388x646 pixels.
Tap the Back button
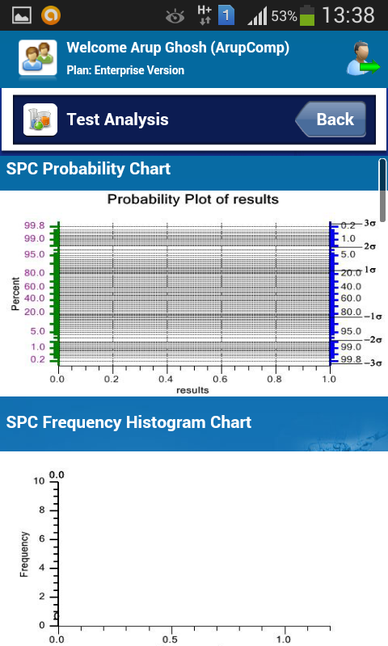[331, 120]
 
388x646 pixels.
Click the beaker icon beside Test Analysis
[40, 120]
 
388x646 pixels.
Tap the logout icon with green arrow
[363, 58]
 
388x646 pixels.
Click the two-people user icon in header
[37, 57]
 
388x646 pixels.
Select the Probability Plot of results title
[193, 199]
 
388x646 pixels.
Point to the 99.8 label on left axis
[34, 225]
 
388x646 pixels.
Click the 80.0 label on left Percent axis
[34, 273]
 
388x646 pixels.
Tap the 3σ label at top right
[369, 224]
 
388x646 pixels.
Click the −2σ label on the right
[373, 339]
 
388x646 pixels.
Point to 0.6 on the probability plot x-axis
[220, 379]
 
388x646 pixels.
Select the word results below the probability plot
[192, 390]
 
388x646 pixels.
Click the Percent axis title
[15, 293]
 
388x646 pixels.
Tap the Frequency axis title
[25, 554]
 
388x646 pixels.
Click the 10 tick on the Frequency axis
[39, 481]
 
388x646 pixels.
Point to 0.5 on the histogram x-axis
[170, 640]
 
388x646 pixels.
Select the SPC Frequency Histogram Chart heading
[129, 422]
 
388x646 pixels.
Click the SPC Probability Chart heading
[88, 169]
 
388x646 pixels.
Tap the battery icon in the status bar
[307, 15]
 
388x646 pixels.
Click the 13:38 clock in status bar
[348, 15]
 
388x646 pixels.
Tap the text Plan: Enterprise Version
[125, 70]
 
